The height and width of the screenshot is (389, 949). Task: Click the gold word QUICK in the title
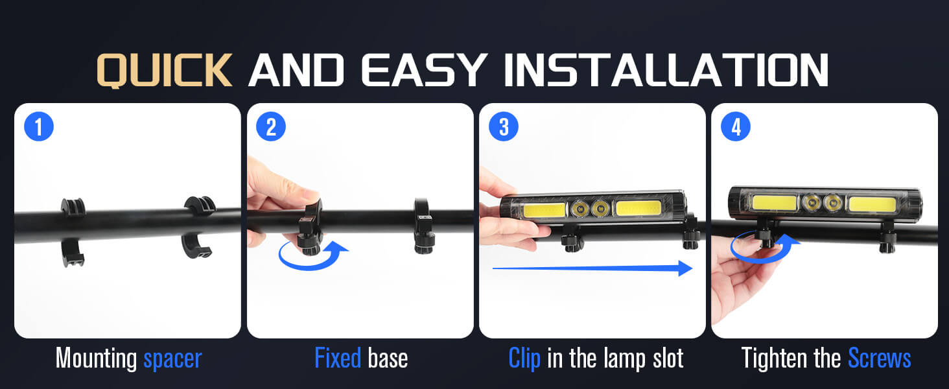165,70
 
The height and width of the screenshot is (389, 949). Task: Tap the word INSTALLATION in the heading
666,70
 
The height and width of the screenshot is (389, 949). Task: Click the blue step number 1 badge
39,126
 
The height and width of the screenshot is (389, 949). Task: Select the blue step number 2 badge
271,126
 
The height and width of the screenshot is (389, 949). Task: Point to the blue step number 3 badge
503,126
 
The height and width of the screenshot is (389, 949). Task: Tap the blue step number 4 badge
736,126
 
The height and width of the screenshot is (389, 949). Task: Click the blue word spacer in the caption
172,359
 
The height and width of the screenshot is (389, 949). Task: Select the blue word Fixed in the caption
338,358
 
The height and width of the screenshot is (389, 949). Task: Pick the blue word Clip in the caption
524,359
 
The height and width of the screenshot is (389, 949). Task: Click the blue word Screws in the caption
880,358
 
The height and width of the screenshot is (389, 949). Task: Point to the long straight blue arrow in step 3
592,268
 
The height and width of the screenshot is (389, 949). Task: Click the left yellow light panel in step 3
545,210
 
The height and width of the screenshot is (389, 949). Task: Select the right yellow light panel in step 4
873,204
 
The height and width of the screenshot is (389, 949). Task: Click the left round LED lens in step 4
811,202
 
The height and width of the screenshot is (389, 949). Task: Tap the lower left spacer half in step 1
73,253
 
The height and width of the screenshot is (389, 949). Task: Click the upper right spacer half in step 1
200,204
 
